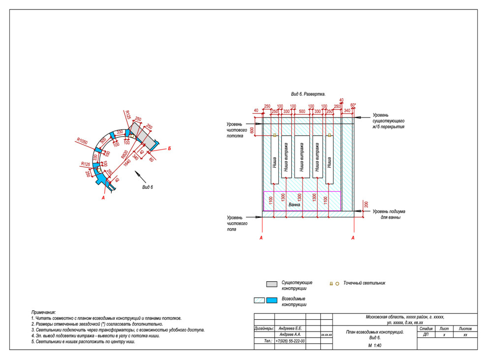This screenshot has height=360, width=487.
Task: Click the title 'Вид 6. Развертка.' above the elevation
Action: click(308, 93)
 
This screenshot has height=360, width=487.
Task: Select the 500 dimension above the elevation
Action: click(302, 112)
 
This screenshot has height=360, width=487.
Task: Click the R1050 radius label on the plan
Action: click(81, 141)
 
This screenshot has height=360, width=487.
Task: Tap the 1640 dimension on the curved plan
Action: click(128, 162)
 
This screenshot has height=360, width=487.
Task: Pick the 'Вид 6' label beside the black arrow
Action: click(148, 187)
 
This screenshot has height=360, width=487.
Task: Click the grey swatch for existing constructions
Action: click(272, 284)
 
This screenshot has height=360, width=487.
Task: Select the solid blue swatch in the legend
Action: click(271, 300)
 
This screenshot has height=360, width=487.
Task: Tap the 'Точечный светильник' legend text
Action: click(364, 283)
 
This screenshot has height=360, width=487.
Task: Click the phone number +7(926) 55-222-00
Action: click(290, 340)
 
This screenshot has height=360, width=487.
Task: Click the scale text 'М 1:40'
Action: click(374, 346)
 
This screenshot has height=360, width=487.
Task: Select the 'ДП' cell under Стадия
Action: click(426, 334)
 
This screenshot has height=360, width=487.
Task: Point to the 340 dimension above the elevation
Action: click(347, 111)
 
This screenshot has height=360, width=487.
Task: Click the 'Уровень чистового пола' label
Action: click(237, 223)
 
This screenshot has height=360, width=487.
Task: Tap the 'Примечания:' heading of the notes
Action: click(43, 312)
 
